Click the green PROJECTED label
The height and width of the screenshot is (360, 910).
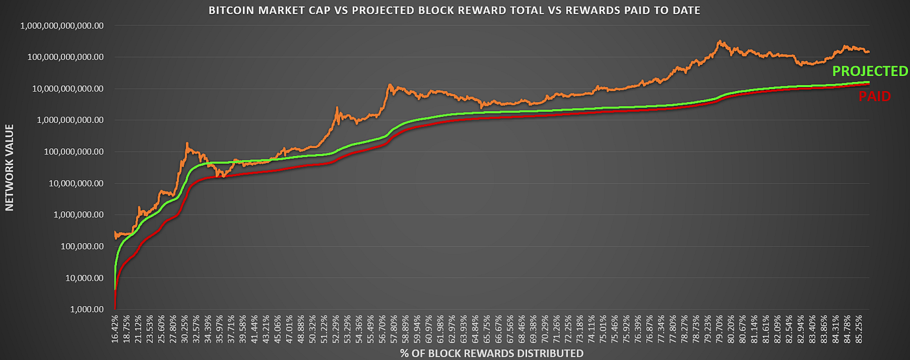coord(869,71)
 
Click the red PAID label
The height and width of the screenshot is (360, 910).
coord(874,97)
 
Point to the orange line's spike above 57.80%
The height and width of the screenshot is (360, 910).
coord(389,84)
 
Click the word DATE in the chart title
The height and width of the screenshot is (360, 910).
coord(685,10)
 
